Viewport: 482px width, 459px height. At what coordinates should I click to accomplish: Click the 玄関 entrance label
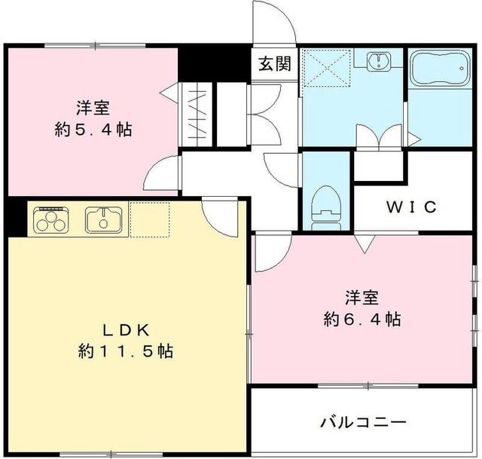point(274,65)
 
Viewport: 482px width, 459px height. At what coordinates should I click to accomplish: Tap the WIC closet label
point(411,207)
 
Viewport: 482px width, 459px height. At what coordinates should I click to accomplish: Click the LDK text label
point(127,329)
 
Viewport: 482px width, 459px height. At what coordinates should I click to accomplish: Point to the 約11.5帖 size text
point(127,351)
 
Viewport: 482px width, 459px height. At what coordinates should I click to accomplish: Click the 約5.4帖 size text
point(93,129)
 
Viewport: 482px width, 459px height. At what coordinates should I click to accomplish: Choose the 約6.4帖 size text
point(361,319)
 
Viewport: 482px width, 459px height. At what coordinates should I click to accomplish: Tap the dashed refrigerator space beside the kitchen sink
point(151,220)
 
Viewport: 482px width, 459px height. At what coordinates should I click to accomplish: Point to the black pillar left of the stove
point(14,219)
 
